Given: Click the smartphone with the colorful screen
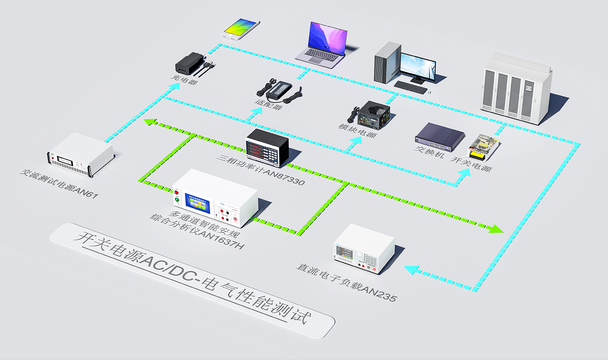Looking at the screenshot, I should pyautogui.click(x=242, y=29).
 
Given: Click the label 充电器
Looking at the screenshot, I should pyautogui.click(x=184, y=79).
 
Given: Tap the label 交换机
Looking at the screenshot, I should pyautogui.click(x=429, y=152).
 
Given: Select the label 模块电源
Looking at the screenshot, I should pyautogui.click(x=357, y=130).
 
